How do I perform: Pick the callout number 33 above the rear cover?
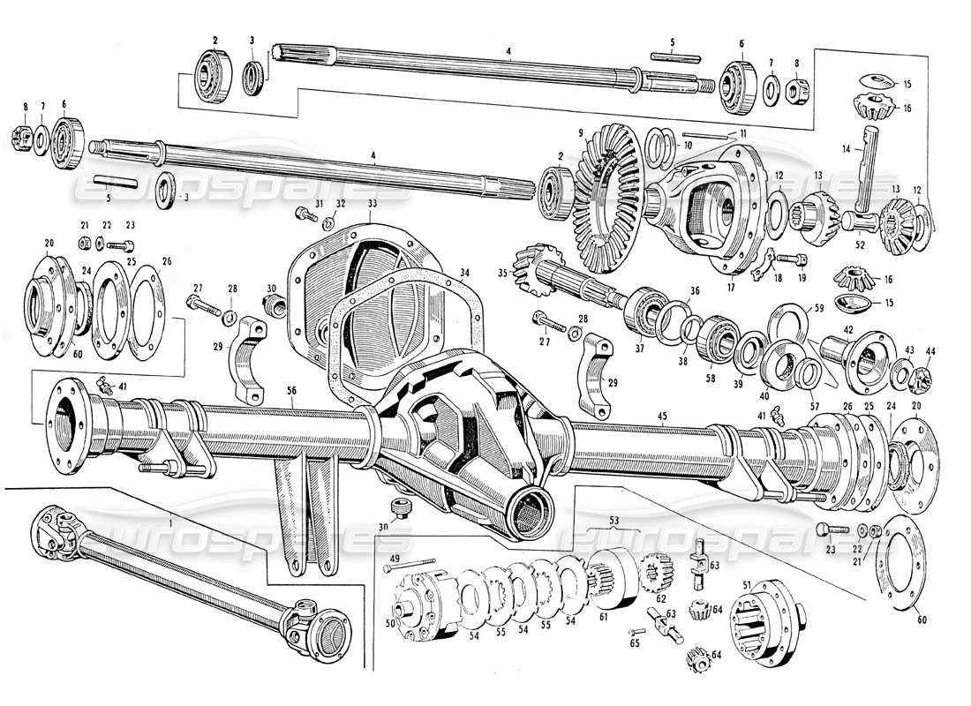[x=348, y=204]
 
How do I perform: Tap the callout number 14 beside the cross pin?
[x=845, y=151]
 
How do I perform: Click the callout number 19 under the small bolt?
[x=802, y=278]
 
